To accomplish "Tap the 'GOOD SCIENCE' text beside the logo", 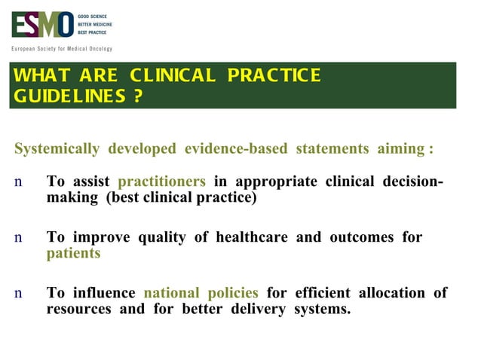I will [94, 16].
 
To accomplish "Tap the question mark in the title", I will [137, 97].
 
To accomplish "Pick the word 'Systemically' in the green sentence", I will [57, 148].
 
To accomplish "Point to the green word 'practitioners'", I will [161, 182].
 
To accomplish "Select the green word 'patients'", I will [73, 253].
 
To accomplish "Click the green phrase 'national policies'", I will [201, 292].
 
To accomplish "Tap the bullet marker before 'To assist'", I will [18, 182].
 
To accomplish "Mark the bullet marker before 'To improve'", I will [18, 238].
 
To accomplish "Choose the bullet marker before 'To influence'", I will [18, 293].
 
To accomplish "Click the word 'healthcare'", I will [252, 237].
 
